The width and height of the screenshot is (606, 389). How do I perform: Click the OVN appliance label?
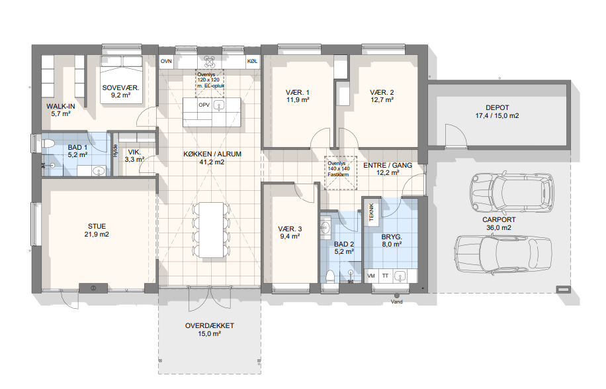pyautogui.click(x=166, y=61)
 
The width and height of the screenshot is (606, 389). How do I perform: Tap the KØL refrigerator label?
pyautogui.click(x=252, y=61)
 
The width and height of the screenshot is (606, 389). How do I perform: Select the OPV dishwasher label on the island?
pyautogui.click(x=204, y=105)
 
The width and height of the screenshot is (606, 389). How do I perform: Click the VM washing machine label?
pyautogui.click(x=371, y=276)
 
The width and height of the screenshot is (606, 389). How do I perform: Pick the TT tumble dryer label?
pyautogui.click(x=385, y=276)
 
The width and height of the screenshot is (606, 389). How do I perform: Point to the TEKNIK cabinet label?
pyautogui.click(x=372, y=212)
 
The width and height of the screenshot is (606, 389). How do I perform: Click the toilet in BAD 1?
pyautogui.click(x=47, y=144)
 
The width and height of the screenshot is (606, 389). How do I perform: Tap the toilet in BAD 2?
pyautogui.click(x=330, y=277)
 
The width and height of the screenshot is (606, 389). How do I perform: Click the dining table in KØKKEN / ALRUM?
pyautogui.click(x=212, y=229)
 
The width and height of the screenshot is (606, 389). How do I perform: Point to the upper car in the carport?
pyautogui.click(x=511, y=192)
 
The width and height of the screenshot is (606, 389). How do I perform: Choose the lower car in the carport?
pyautogui.click(x=503, y=254)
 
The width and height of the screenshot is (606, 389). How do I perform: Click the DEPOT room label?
pyautogui.click(x=497, y=107)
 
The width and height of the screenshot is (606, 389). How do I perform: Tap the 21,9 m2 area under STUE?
pyautogui.click(x=97, y=234)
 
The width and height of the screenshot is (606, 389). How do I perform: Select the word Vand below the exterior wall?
pyautogui.click(x=396, y=302)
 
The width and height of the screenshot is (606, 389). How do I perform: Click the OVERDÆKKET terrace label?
pyautogui.click(x=210, y=326)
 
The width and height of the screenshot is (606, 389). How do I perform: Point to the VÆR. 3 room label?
pyautogui.click(x=290, y=229)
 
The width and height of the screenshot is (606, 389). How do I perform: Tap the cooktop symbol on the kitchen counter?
pyautogui.click(x=209, y=62)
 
